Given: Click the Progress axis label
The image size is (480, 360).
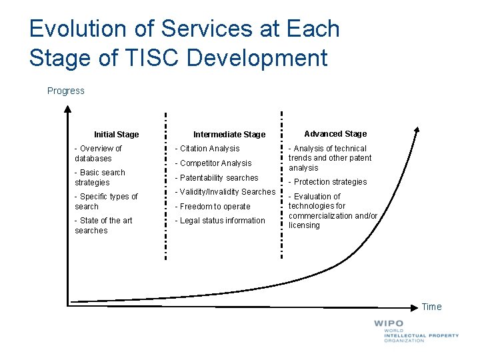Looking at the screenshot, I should point(66,91).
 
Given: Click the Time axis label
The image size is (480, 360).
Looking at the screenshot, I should point(431,307).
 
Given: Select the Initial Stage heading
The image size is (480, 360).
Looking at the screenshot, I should point(116,134).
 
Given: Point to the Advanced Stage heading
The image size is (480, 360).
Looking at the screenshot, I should point(335,133).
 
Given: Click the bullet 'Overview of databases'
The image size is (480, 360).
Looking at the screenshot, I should point(98,153).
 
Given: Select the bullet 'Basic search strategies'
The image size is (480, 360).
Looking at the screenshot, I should point(99,177).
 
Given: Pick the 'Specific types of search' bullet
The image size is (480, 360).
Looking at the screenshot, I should point(105,201).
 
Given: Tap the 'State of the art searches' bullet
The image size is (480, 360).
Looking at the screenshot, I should point(103,225).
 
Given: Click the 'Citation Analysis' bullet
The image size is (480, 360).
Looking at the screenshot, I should point(207,149).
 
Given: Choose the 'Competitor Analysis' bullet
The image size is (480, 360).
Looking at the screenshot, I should point(213,163).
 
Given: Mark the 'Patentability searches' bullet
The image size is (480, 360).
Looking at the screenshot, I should point(216,178).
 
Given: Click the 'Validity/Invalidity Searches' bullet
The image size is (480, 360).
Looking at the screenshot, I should point(225,192).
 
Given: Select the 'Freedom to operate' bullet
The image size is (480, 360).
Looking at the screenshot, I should point(212,207).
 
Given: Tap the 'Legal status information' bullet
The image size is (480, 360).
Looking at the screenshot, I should point(219,221).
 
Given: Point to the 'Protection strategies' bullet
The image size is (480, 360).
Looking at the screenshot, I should point(327,182).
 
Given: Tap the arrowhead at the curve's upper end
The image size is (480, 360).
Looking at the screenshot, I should point(417,131).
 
